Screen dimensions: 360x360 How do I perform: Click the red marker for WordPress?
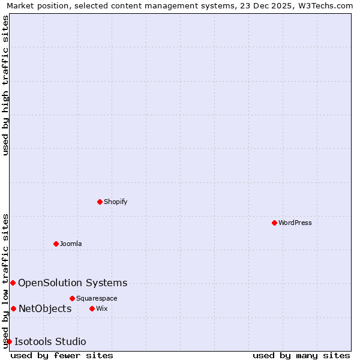pyautogui.click(x=274, y=223)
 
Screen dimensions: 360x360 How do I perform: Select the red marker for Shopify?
pyautogui.click(x=100, y=202)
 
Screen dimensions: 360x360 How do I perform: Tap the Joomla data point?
pyautogui.click(x=56, y=244)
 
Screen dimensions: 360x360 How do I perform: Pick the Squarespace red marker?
pyautogui.click(x=72, y=298)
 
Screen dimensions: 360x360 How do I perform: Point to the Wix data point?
pyautogui.click(x=92, y=308)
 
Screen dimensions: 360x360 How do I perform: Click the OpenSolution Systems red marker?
pyautogui.click(x=13, y=283)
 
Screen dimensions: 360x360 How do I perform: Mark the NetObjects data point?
pyautogui.click(x=13, y=308)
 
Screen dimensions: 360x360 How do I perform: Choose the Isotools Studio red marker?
pyautogui.click(x=9, y=341)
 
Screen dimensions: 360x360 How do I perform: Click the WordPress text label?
pyautogui.click(x=295, y=223)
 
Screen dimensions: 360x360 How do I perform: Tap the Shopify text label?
pyautogui.click(x=115, y=202)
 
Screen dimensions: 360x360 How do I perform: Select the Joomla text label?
pyautogui.click(x=71, y=244)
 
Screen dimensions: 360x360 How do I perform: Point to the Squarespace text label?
pyautogui.click(x=97, y=298)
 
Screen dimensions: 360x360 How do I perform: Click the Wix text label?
pyautogui.click(x=102, y=308)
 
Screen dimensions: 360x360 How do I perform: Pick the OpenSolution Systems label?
pyautogui.click(x=73, y=283)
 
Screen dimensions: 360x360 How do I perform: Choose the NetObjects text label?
pyautogui.click(x=45, y=308)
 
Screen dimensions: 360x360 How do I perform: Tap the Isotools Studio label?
pyautogui.click(x=50, y=341)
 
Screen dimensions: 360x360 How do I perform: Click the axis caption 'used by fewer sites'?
pyautogui.click(x=62, y=355)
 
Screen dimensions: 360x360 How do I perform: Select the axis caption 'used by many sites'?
pyautogui.click(x=301, y=355)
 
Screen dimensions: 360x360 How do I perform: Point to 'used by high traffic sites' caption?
pyautogui.click(x=6, y=85)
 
